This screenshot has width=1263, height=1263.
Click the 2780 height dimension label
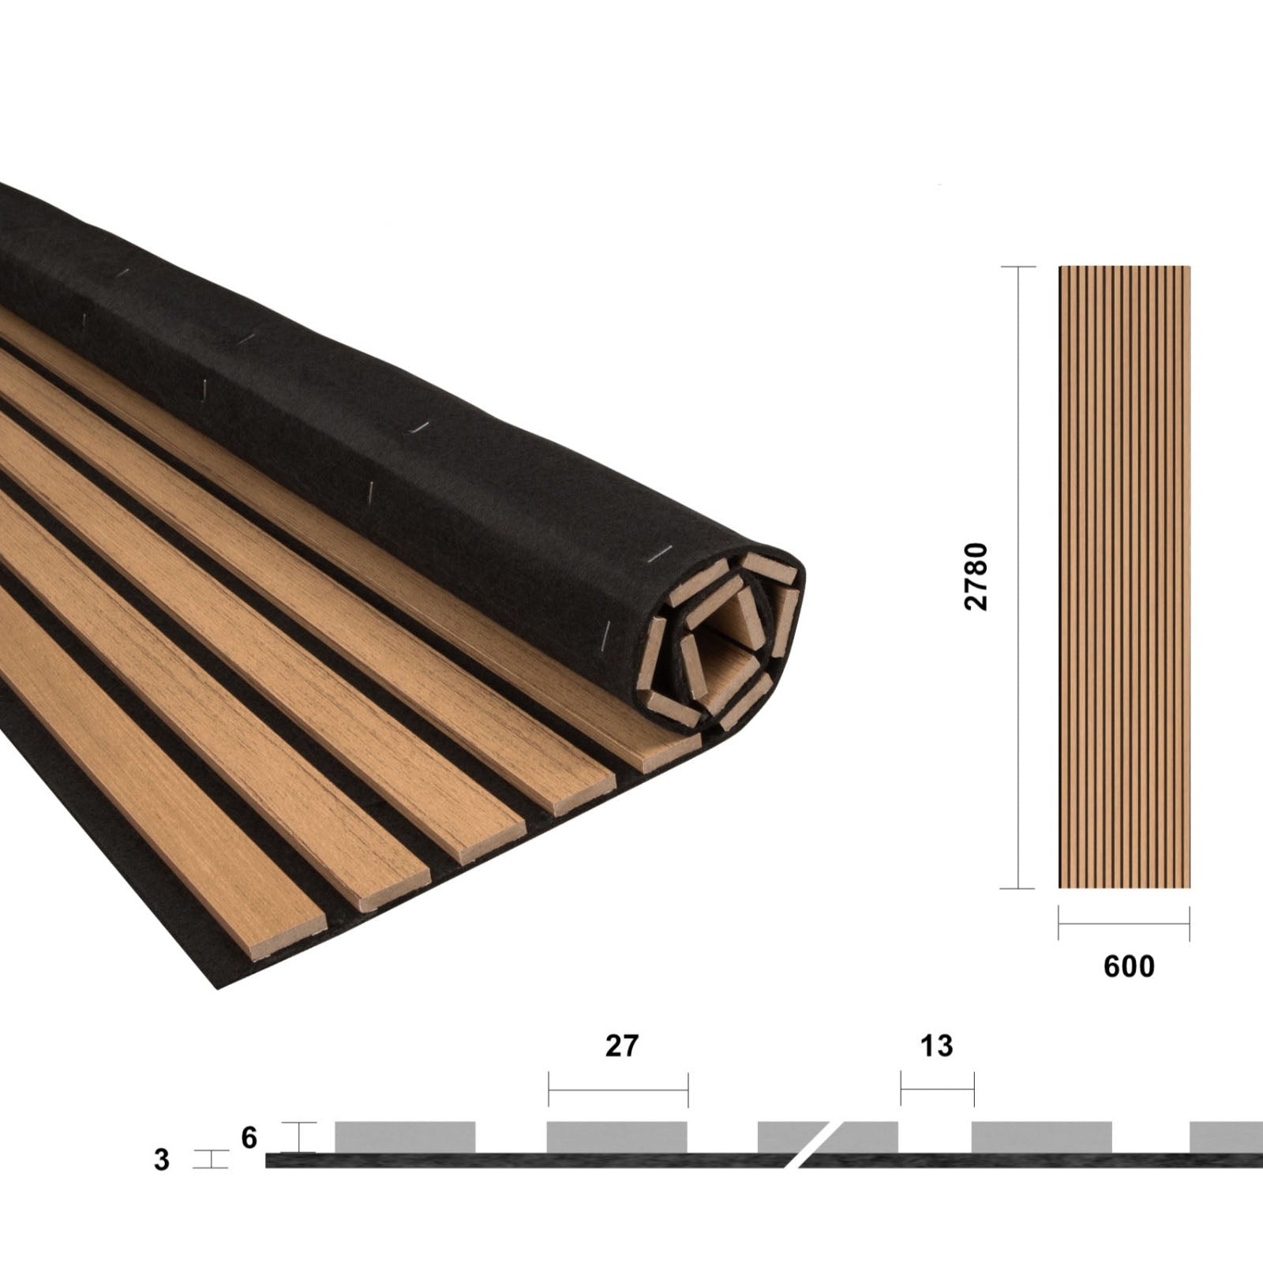pyautogui.click(x=976, y=575)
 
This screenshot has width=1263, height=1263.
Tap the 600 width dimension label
pyautogui.click(x=1129, y=966)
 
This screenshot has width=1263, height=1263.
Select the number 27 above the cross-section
pyautogui.click(x=621, y=1045)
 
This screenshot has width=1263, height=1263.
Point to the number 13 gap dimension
pyautogui.click(x=936, y=1045)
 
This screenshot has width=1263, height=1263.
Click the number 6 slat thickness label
pyautogui.click(x=249, y=1137)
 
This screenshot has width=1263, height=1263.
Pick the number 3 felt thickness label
pyautogui.click(x=162, y=1160)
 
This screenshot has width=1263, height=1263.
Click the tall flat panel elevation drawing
pyautogui.click(x=1124, y=576)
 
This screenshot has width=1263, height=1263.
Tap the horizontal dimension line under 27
pyautogui.click(x=618, y=1090)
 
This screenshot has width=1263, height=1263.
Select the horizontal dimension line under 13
pyautogui.click(x=937, y=1090)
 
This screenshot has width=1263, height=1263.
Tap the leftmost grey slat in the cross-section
pyautogui.click(x=405, y=1137)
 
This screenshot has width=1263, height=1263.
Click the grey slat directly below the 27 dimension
pyautogui.click(x=617, y=1137)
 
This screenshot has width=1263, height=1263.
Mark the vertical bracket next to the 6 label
pyautogui.click(x=299, y=1137)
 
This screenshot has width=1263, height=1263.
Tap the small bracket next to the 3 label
pyautogui.click(x=212, y=1160)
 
